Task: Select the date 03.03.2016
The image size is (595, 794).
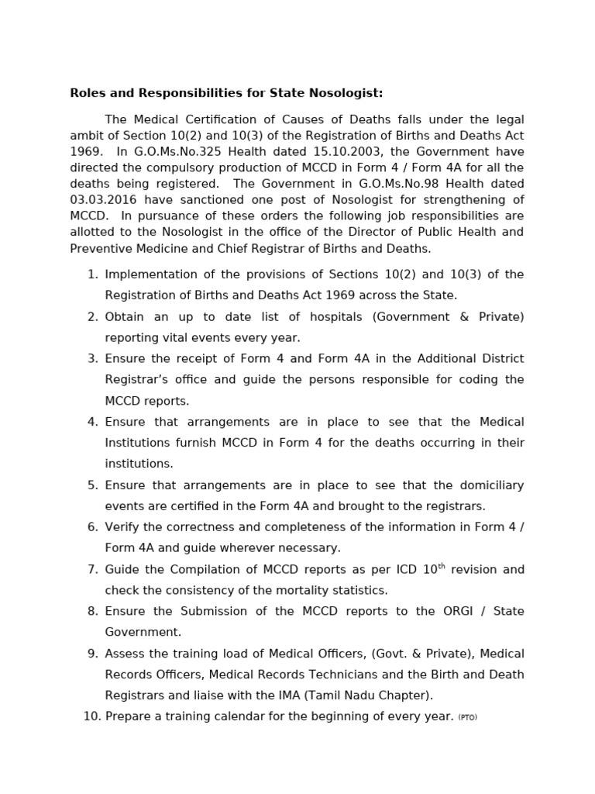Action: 105,200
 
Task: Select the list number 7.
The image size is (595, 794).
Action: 92,569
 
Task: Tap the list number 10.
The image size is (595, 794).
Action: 90,716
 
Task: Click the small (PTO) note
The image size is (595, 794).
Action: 467,718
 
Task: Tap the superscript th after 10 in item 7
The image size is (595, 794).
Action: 442,566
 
